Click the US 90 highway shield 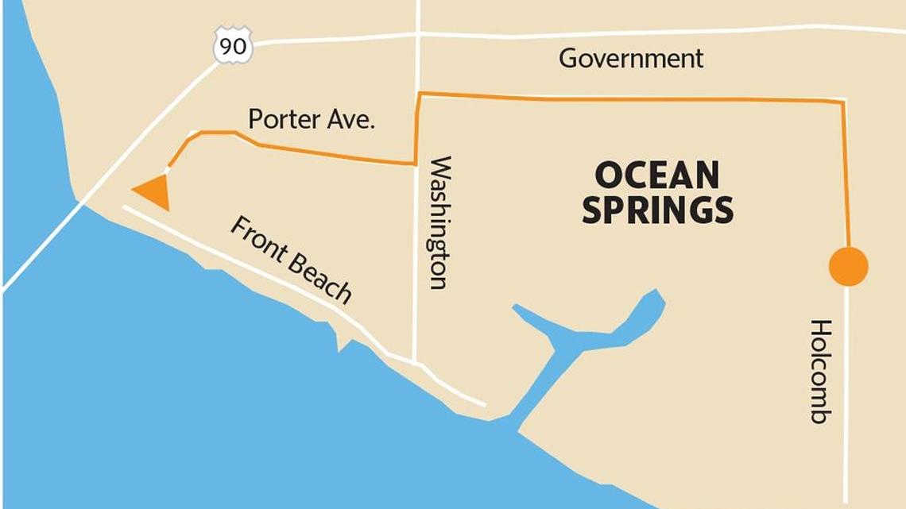tap(233, 45)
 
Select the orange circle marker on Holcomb tap(848, 266)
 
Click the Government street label tap(631, 59)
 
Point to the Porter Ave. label tap(312, 120)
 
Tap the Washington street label tap(439, 222)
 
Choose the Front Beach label tap(291, 260)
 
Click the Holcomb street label tap(820, 371)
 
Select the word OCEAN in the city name tap(656, 175)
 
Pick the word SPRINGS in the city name tap(657, 210)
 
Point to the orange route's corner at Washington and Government tap(418, 94)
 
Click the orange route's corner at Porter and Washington tap(415, 164)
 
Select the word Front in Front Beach tap(258, 240)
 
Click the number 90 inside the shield tap(233, 47)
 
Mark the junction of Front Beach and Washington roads tap(415, 362)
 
